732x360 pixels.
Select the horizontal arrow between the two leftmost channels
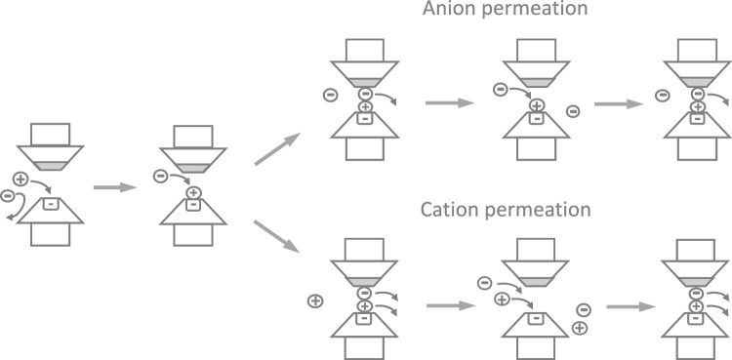click(x=113, y=185)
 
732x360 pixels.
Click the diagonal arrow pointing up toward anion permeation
click(x=274, y=150)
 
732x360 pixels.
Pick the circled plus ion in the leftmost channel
click(x=21, y=178)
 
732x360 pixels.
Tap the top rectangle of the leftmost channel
click(x=50, y=135)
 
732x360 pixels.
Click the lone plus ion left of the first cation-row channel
click(x=314, y=300)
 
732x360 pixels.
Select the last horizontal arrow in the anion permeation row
click(x=615, y=100)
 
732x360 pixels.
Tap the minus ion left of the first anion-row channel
click(x=333, y=95)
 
